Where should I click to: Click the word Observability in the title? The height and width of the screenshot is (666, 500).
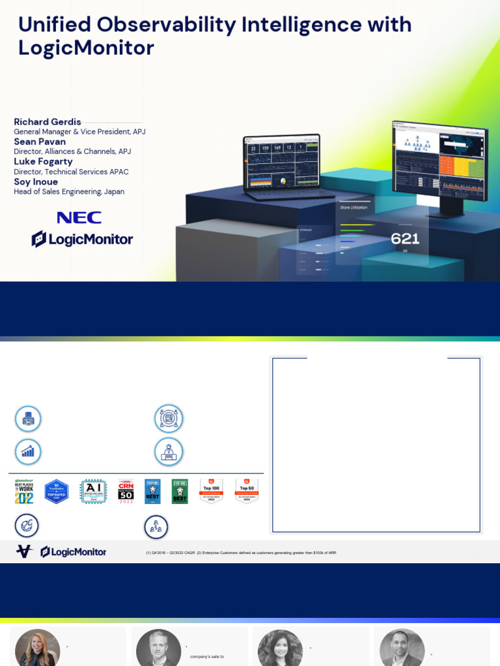166,25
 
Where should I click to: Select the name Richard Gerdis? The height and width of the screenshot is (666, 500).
48,122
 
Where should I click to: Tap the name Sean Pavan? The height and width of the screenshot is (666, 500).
40,142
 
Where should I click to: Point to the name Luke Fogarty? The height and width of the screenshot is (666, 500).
43,161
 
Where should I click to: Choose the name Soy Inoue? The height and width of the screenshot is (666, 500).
36,181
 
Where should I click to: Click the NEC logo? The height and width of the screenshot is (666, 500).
79,217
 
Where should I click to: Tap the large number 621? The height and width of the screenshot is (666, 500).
404,239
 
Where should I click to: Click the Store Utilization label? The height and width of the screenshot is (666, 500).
354,207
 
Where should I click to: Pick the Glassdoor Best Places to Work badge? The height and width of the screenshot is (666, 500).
24,491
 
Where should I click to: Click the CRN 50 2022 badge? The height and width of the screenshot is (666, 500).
126,491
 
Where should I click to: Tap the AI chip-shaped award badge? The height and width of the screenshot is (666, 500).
93,491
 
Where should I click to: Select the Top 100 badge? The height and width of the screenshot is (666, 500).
211,491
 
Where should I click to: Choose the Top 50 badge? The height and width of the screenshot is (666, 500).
247,491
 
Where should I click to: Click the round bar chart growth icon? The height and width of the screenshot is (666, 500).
28,451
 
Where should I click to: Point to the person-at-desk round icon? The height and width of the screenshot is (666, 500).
169,451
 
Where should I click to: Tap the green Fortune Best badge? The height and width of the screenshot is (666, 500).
180,491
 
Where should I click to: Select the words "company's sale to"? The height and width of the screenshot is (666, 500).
207,656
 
